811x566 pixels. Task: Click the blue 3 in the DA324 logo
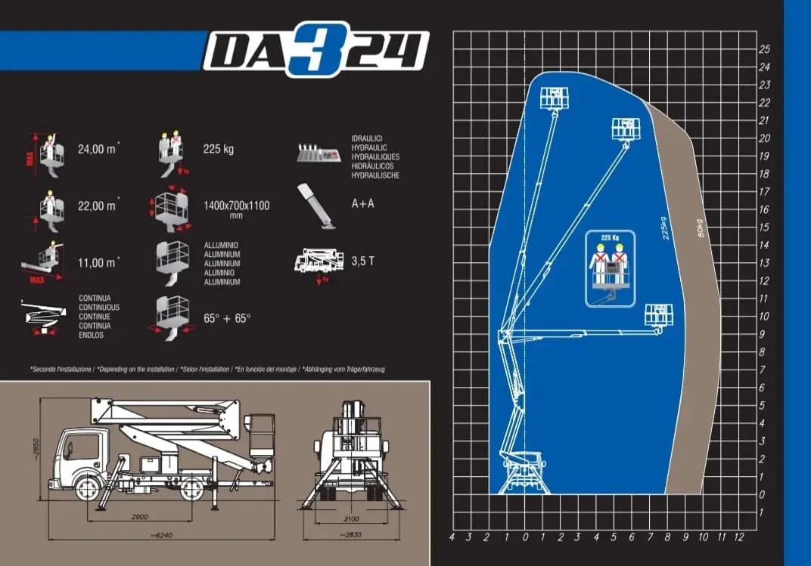307,48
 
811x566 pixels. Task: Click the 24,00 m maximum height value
97,149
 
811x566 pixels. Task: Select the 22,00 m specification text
97,206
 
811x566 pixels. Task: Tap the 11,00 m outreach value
97,262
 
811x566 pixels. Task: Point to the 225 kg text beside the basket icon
219,149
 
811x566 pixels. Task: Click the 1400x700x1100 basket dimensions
236,206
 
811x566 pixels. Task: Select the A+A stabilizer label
363,204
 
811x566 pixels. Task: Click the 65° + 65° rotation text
226,318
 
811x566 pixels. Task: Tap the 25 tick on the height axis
764,49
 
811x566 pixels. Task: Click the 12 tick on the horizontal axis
739,537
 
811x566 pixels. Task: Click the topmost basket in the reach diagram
554,97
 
